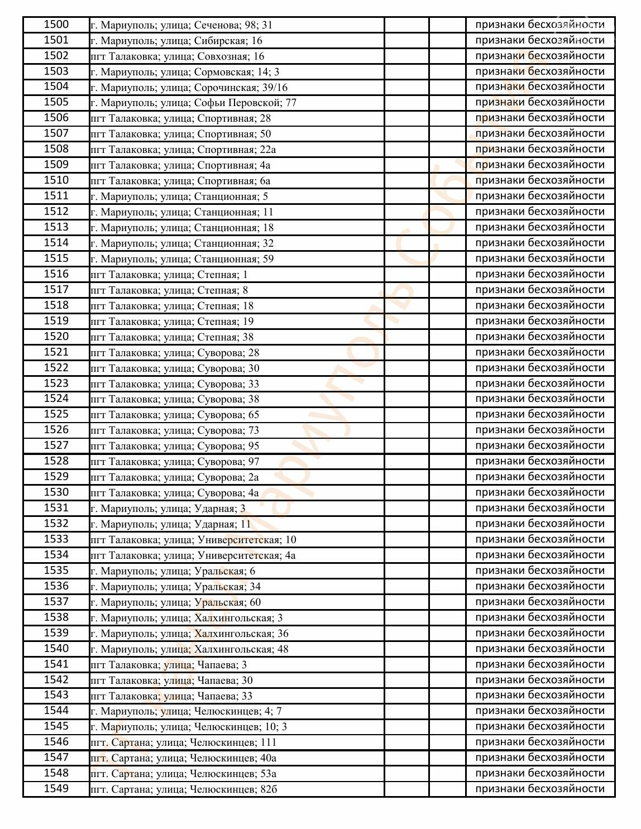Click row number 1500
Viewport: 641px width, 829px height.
pos(56,25)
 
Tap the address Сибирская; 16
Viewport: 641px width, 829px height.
pos(176,41)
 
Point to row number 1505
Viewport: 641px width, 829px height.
pos(56,102)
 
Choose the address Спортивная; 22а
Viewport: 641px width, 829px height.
pos(183,150)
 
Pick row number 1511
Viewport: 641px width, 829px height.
pos(56,196)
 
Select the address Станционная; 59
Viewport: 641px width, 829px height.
pos(182,259)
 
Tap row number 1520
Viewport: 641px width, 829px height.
pos(56,337)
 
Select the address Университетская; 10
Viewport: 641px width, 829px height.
pos(193,540)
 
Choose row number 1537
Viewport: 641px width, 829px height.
pos(56,602)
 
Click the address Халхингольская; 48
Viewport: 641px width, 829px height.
pos(189,649)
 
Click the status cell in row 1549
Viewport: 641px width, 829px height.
pos(540,789)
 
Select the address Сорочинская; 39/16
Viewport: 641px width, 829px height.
pos(189,88)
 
